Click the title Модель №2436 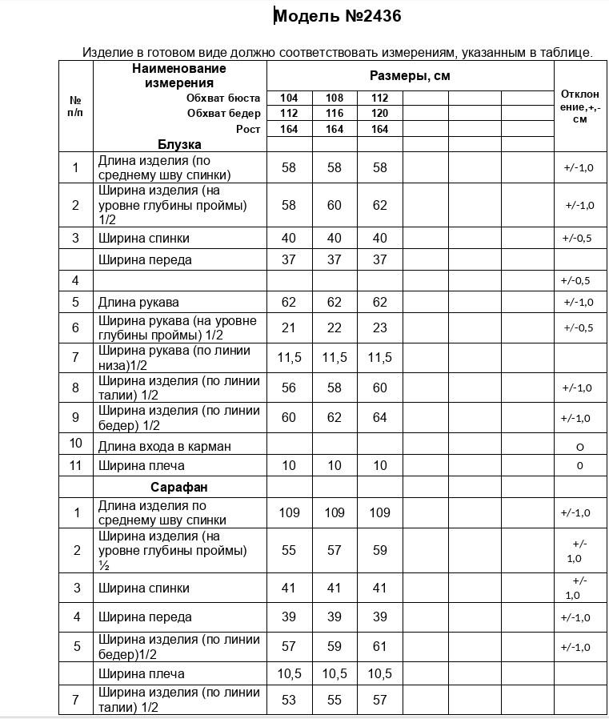[x=338, y=16]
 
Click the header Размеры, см [x=410, y=76]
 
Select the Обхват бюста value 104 [x=289, y=98]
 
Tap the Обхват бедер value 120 [x=379, y=113]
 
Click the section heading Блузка [x=179, y=145]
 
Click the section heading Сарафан [x=179, y=487]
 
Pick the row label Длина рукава [x=138, y=302]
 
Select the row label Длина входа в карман [x=164, y=446]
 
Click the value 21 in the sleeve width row [x=289, y=327]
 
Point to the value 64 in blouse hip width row [x=379, y=417]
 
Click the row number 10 [x=76, y=444]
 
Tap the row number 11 [x=76, y=465]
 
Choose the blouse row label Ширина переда [x=145, y=259]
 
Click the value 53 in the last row [x=289, y=700]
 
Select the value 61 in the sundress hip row [x=379, y=646]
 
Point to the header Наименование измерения [x=179, y=75]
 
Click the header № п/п [x=76, y=106]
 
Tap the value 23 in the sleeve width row [x=379, y=327]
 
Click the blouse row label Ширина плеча [x=142, y=465]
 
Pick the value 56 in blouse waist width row [x=289, y=388]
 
